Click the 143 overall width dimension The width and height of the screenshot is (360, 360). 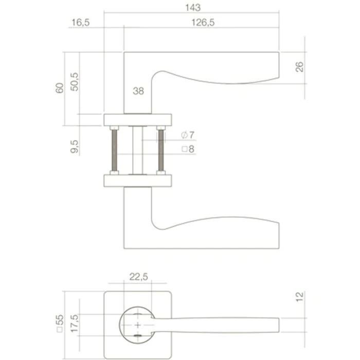(x=191, y=8)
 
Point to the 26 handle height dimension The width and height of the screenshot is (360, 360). (x=300, y=66)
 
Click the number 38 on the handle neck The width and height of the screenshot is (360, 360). (x=138, y=92)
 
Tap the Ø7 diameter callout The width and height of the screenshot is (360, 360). (x=188, y=135)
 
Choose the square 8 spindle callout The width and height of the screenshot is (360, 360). (x=188, y=150)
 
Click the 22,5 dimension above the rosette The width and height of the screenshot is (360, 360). (x=138, y=277)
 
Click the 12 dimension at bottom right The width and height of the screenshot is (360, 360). (x=300, y=295)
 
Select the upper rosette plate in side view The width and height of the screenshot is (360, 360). (x=137, y=120)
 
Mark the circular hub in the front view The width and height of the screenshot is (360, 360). (x=138, y=325)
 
